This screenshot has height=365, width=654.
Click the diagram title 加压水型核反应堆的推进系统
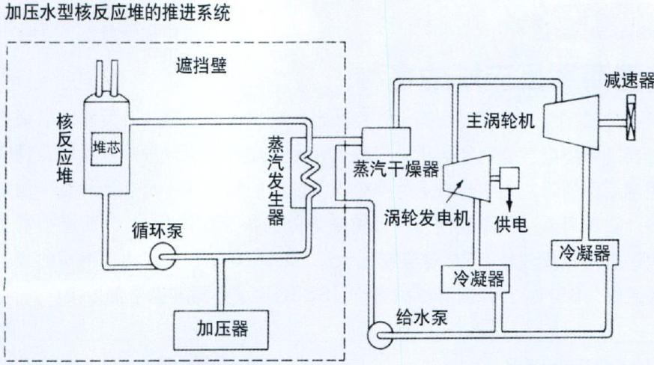pyautogui.click(x=118, y=13)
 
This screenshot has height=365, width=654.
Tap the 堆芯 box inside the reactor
pyautogui.click(x=107, y=148)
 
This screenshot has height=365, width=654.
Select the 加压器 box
pyautogui.click(x=221, y=330)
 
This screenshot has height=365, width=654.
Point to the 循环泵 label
pyautogui.click(x=157, y=230)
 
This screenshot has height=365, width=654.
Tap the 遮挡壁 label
pyautogui.click(x=202, y=66)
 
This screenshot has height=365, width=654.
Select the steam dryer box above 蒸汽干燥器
pyautogui.click(x=386, y=141)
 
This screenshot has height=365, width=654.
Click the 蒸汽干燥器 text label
pyautogui.click(x=396, y=169)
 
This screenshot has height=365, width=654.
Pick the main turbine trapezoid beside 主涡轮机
pyautogui.click(x=572, y=122)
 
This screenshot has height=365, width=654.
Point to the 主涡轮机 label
pyautogui.click(x=500, y=120)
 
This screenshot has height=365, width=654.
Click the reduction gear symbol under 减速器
pyautogui.click(x=632, y=117)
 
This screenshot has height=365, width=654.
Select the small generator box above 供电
pyautogui.click(x=509, y=177)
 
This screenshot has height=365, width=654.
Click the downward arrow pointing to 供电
pyautogui.click(x=509, y=200)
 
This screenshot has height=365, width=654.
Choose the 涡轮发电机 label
pyautogui.click(x=427, y=218)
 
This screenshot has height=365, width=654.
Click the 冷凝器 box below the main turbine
pyautogui.click(x=584, y=253)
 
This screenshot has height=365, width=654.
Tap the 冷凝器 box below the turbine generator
pyautogui.click(x=476, y=279)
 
